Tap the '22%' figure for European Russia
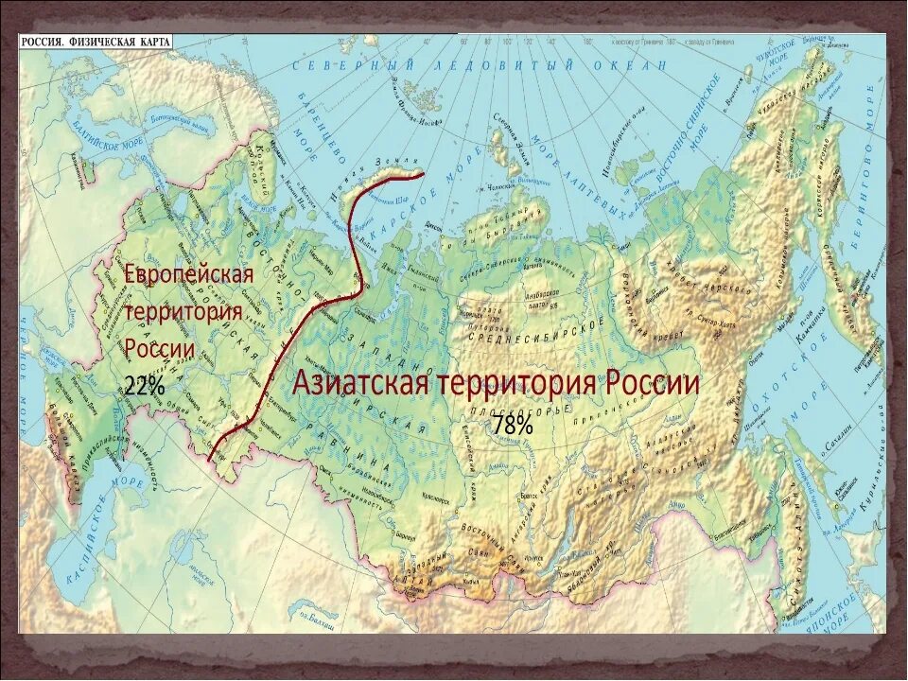pyautogui.click(x=144, y=385)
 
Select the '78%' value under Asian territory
pyautogui.click(x=512, y=426)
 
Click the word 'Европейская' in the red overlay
pyautogui.click(x=189, y=274)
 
